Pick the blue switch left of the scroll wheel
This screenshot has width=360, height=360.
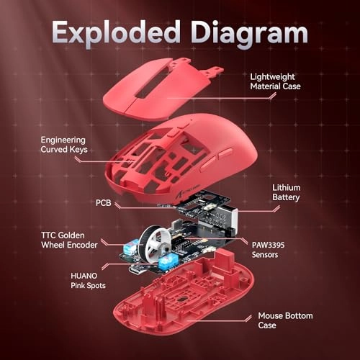(131, 249)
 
